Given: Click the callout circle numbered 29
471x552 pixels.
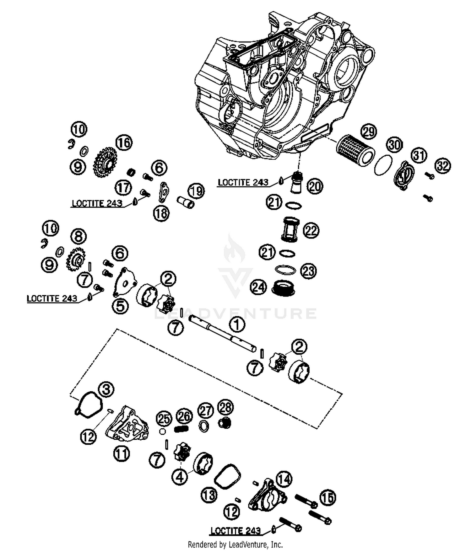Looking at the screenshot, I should [x=369, y=131].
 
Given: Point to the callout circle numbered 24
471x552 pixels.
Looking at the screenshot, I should [x=258, y=287].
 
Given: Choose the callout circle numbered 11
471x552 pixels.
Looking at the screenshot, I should [x=122, y=453].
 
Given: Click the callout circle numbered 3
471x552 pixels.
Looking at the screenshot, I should [x=106, y=389].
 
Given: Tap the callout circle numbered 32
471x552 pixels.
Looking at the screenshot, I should [x=442, y=165].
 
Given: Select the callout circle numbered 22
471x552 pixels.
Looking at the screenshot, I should [x=311, y=231].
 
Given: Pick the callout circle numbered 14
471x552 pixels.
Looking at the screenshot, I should [x=284, y=479].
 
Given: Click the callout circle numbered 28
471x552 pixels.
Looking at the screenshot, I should [x=225, y=407].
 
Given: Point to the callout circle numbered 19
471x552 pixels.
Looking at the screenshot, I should [x=196, y=191].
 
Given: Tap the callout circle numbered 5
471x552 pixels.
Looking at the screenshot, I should [x=121, y=306].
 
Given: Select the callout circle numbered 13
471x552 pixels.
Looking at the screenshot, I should [x=209, y=495].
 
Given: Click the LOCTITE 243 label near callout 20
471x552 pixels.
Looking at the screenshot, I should [x=243, y=182].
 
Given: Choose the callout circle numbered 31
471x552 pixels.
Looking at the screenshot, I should [x=419, y=155].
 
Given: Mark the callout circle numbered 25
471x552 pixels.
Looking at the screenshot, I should [x=164, y=419].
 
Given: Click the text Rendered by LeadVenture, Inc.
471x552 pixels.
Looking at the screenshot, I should [x=235, y=544].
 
